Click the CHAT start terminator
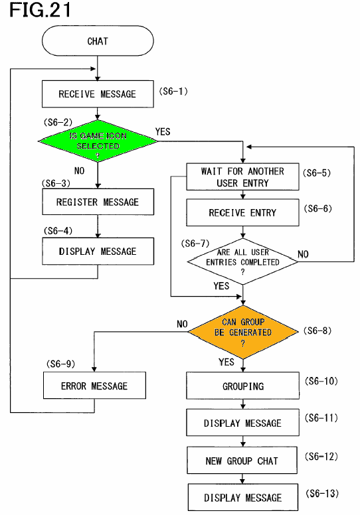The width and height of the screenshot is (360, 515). click(98, 40)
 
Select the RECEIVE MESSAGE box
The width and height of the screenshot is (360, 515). click(98, 94)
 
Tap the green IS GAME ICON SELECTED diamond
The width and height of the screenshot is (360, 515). click(98, 141)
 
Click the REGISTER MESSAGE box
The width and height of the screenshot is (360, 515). click(98, 202)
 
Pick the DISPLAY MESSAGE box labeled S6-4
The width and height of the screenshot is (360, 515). click(98, 252)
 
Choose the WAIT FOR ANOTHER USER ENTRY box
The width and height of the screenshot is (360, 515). click(242, 177)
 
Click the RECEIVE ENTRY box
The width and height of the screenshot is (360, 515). click(242, 212)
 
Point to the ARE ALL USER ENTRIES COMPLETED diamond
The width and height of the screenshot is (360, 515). click(242, 261)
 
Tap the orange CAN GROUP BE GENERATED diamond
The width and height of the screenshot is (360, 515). click(243, 332)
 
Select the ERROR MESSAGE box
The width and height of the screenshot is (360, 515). click(94, 386)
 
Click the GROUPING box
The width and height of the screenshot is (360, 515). click(242, 386)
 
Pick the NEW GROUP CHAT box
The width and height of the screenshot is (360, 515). click(242, 461)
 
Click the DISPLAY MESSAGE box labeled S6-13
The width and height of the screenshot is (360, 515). click(243, 497)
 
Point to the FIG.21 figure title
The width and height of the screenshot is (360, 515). click(40, 10)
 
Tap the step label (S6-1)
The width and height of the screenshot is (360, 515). click(173, 91)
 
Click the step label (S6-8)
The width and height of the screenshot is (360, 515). click(317, 331)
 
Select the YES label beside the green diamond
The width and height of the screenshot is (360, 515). click(163, 131)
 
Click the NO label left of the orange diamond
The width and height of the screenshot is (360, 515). click(182, 324)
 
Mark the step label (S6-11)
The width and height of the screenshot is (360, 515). click(321, 418)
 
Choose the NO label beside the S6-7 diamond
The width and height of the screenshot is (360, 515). click(303, 254)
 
